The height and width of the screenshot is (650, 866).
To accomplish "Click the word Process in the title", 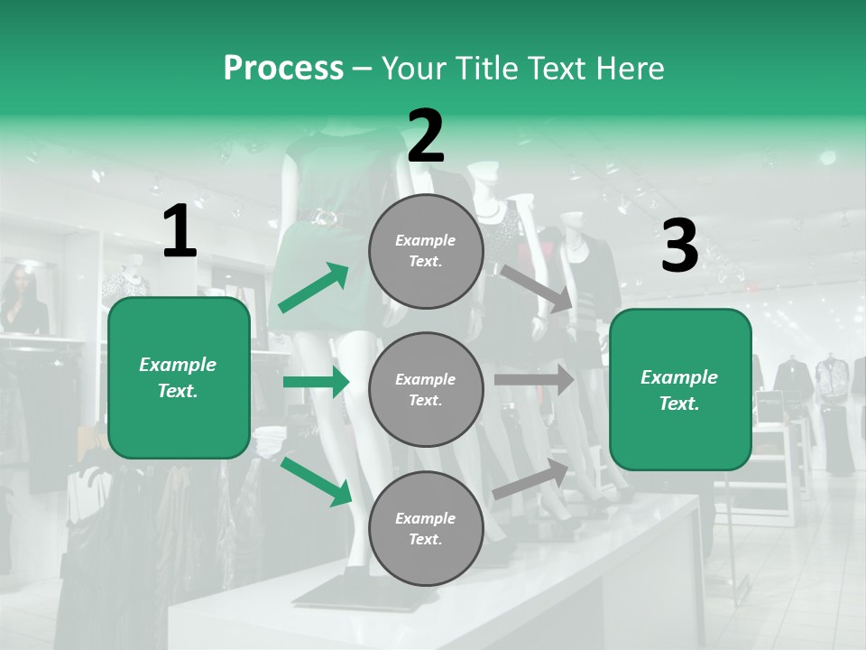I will pyautogui.click(x=283, y=68).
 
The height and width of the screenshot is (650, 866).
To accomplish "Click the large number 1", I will pyautogui.click(x=180, y=232).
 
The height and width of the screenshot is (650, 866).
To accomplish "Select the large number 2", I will pyautogui.click(x=426, y=136).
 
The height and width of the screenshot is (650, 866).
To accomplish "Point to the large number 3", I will pyautogui.click(x=679, y=246).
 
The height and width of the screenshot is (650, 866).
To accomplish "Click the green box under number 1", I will pyautogui.click(x=179, y=377).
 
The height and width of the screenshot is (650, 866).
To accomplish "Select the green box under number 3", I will pyautogui.click(x=680, y=389).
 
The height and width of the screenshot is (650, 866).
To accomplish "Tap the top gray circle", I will pyautogui.click(x=426, y=251).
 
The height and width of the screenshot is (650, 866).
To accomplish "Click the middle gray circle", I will pyautogui.click(x=426, y=389).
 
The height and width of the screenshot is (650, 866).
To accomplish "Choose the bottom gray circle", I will pyautogui.click(x=426, y=528).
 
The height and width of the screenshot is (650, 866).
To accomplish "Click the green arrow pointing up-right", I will pyautogui.click(x=314, y=288).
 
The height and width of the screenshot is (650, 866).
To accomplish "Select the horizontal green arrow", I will pyautogui.click(x=316, y=383).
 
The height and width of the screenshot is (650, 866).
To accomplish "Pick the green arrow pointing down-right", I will pyautogui.click(x=316, y=481).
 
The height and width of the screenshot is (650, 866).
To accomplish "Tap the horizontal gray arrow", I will pyautogui.click(x=534, y=380).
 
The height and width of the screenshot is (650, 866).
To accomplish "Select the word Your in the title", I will pyautogui.click(x=414, y=68).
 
